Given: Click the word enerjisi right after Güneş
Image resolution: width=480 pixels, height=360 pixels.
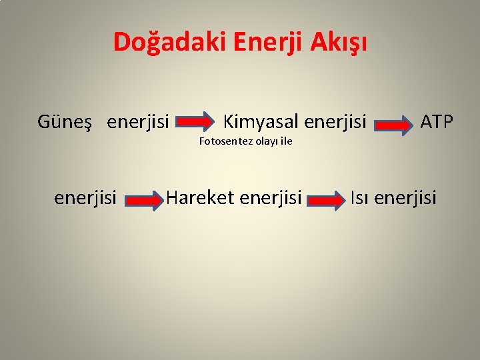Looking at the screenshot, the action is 138,122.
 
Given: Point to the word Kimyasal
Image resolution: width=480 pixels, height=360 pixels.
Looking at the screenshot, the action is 261,121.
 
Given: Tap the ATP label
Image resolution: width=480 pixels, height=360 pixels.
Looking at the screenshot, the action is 437,121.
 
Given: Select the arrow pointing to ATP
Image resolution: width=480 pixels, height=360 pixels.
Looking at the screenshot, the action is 393,125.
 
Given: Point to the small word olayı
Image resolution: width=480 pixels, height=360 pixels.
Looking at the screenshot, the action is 265,141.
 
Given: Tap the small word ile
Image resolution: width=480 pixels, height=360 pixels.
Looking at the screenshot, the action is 286,141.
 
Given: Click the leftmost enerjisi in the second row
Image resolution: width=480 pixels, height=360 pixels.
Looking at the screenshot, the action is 85,197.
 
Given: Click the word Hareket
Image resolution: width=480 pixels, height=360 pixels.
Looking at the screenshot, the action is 199,197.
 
